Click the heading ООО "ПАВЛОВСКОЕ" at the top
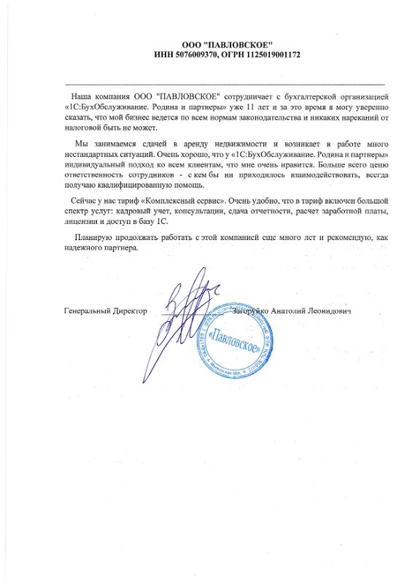click(x=228, y=45)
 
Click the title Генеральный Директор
click(x=105, y=312)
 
